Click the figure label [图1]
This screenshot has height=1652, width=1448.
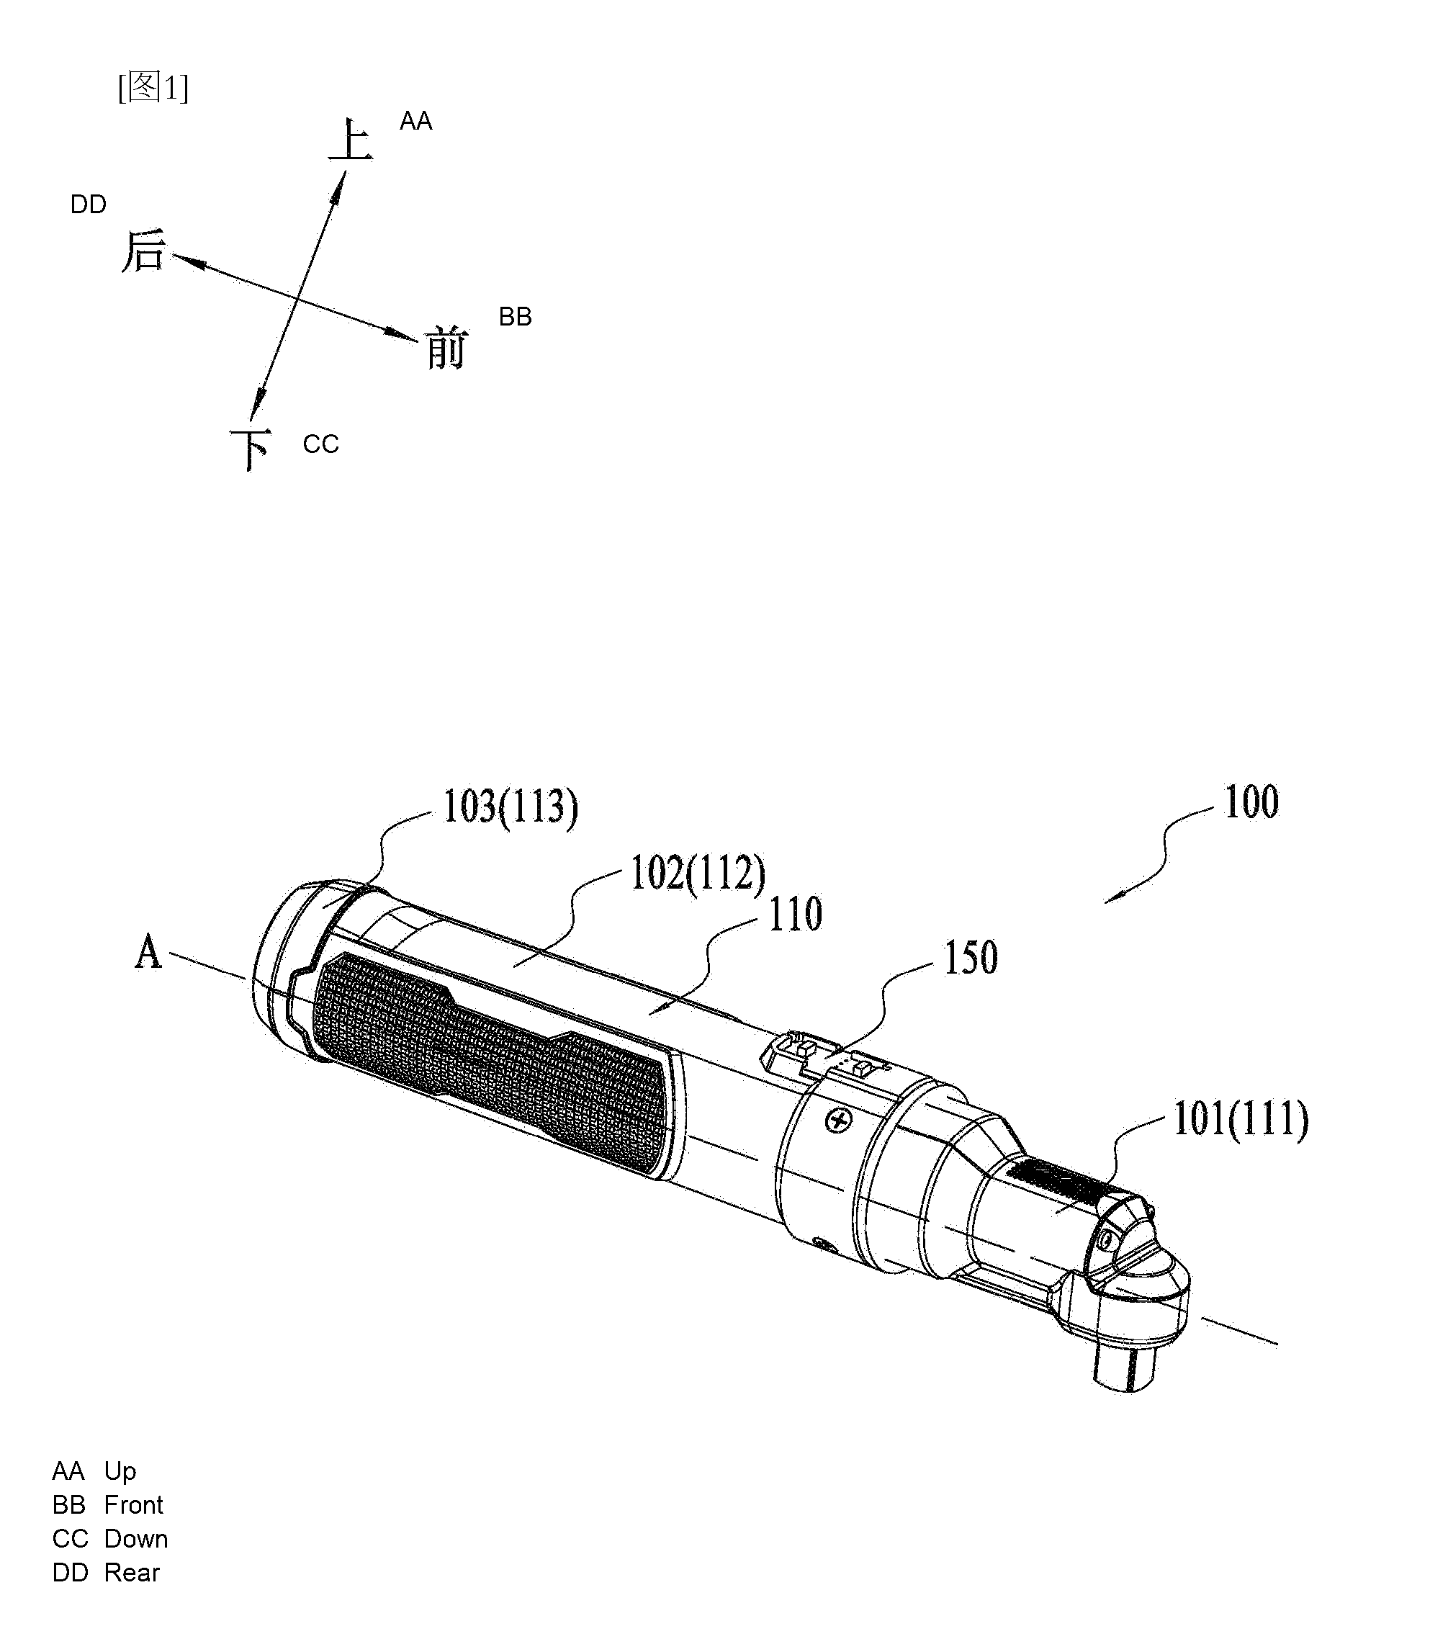pos(153,87)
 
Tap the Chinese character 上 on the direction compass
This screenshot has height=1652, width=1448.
pos(351,140)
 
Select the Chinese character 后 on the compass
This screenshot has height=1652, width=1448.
pos(144,251)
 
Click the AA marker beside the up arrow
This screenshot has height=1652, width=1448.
pos(416,121)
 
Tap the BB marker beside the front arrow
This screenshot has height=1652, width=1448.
pos(516,317)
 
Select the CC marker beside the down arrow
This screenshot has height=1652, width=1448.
pos(321,444)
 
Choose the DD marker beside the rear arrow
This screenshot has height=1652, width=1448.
pos(88,205)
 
